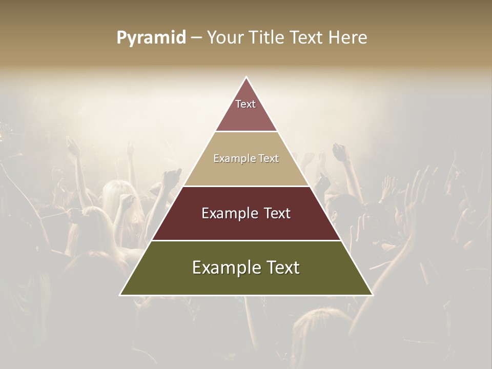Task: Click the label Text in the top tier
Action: click(x=245, y=104)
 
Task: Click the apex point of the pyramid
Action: click(x=246, y=78)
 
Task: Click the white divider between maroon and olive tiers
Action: click(x=246, y=240)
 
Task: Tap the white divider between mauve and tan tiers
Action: click(x=246, y=131)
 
